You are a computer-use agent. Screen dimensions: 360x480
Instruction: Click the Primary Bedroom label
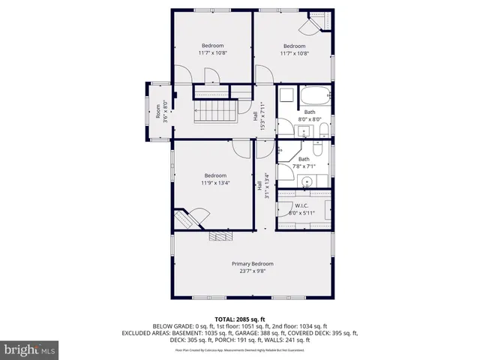click(252, 264)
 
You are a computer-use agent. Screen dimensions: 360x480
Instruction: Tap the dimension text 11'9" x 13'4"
click(215, 183)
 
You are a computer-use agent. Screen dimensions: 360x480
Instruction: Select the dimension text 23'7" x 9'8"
click(252, 271)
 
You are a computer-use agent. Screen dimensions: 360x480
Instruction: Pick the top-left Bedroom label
click(213, 46)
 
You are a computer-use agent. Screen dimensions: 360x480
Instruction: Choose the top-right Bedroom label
click(294, 46)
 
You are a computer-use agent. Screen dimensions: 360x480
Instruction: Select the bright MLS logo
click(30, 349)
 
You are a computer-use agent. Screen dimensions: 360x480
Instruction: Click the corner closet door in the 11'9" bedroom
click(189, 218)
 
